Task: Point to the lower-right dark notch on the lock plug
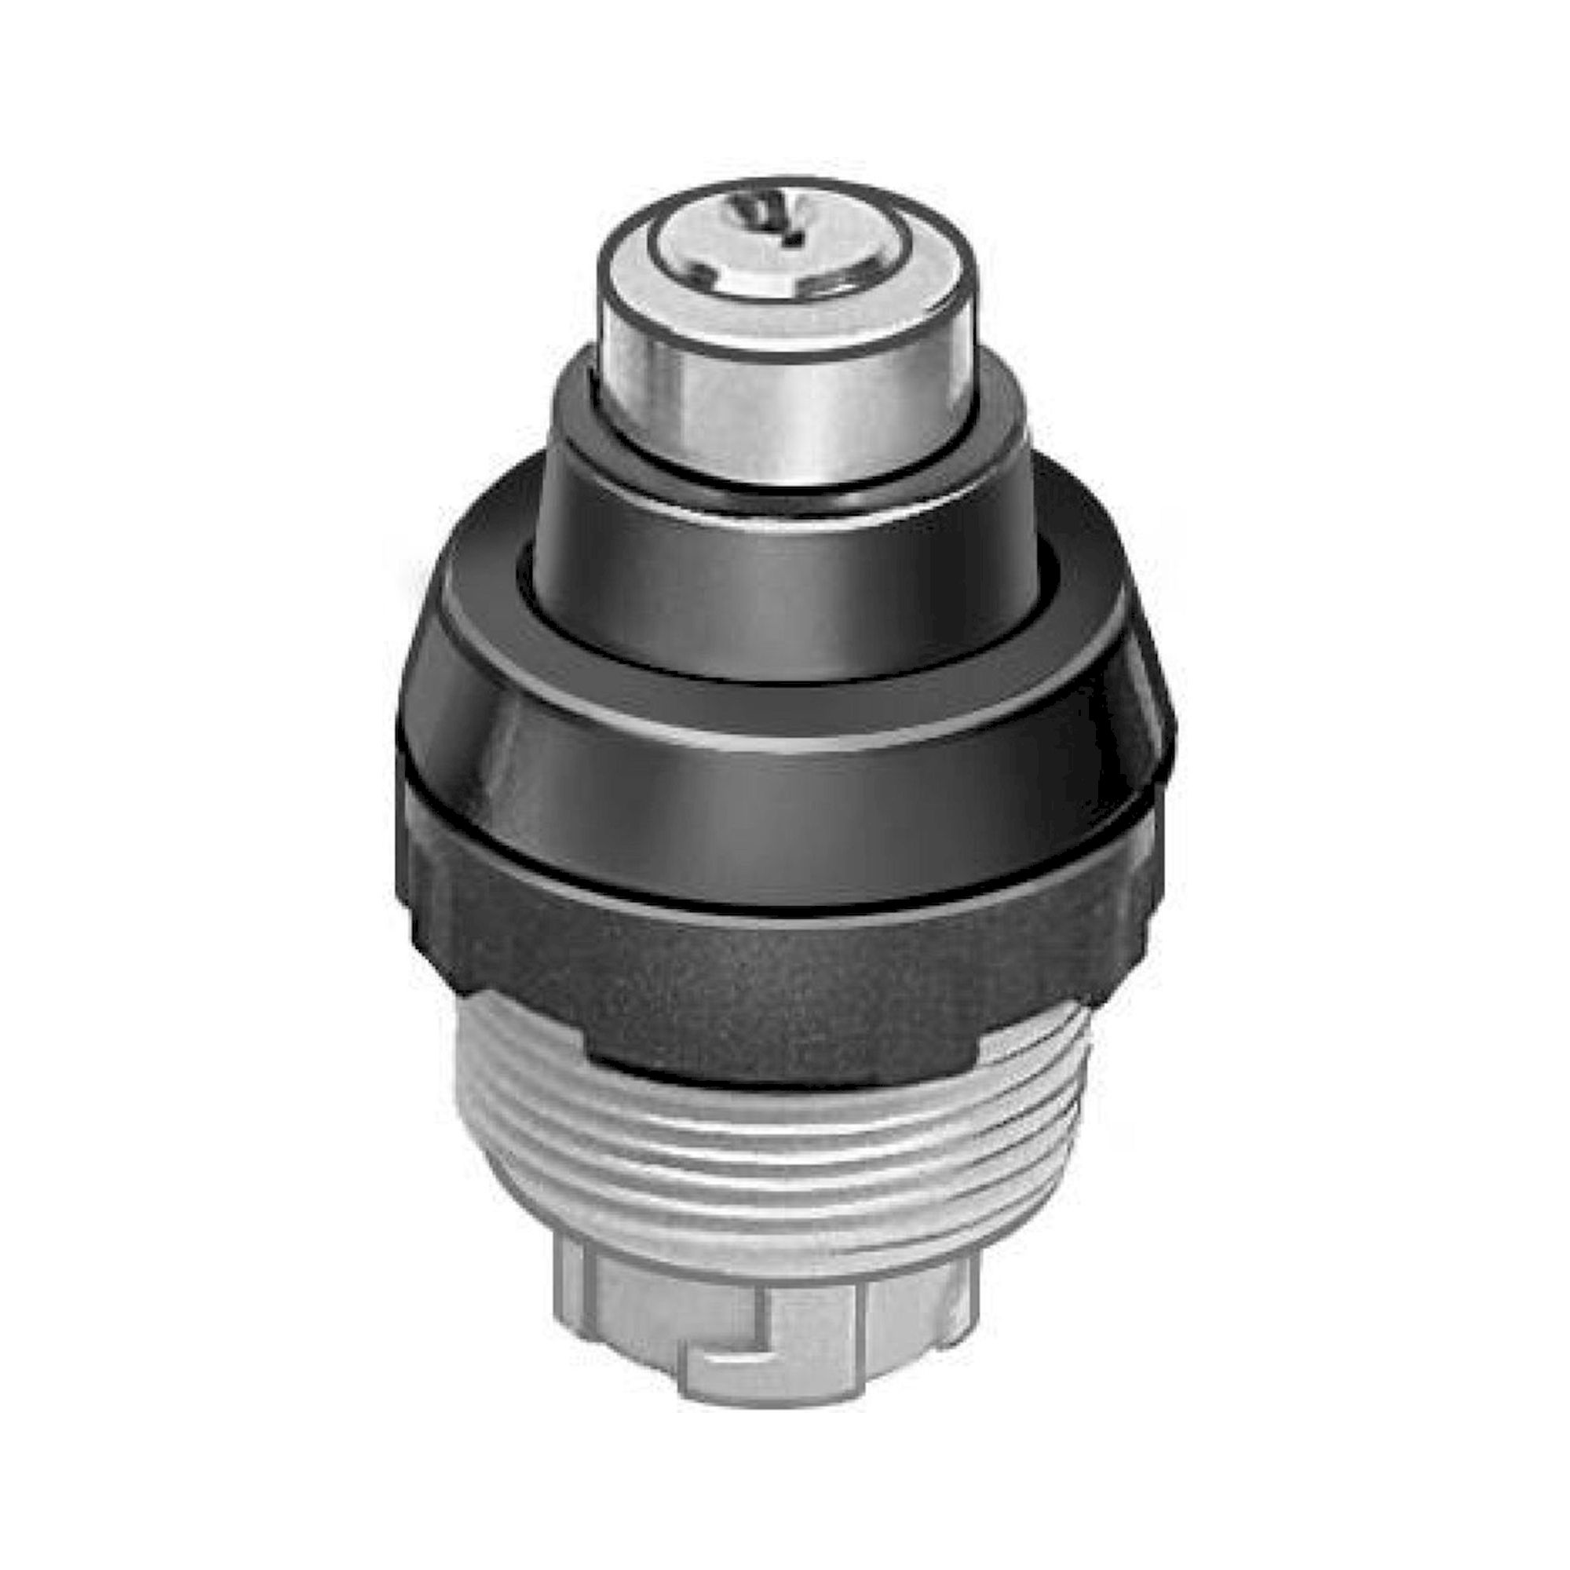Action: pos(833,283)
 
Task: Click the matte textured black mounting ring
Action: pos(780,975)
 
